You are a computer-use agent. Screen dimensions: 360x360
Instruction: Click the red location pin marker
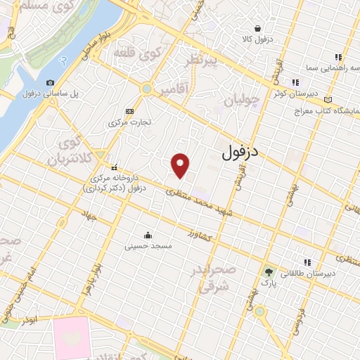point(181,165)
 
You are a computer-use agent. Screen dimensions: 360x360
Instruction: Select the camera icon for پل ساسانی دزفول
point(51,83)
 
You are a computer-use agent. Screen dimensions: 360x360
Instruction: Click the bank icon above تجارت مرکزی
point(129,111)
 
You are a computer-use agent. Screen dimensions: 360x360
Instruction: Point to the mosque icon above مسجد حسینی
point(148,235)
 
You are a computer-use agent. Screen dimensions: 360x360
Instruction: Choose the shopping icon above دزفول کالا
point(258,28)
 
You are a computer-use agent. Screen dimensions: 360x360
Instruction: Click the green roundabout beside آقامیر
point(146,89)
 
